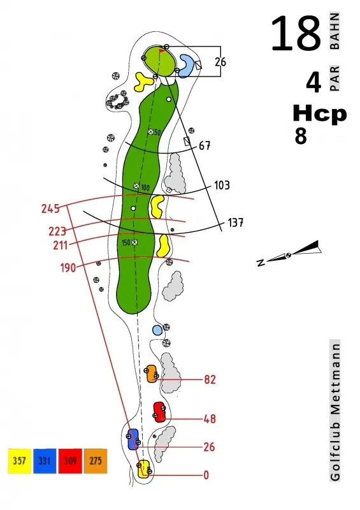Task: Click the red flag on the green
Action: pos(162,51)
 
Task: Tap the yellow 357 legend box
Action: pos(19,461)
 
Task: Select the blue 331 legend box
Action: pos(45,461)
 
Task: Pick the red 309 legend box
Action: pos(70,461)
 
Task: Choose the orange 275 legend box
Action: pos(96,461)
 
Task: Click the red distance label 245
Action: pos(50,208)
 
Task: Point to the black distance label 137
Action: pos(236,222)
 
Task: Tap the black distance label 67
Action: pos(205,146)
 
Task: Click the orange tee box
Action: pos(151,374)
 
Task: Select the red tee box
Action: pos(159,412)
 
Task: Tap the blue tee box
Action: pos(133,439)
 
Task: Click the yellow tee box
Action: pos(143,469)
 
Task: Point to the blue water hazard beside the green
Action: pos(186,66)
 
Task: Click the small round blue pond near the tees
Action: pos(157,330)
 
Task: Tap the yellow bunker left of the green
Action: pos(143,82)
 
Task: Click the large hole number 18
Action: pos(296,34)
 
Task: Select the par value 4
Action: pos(313,83)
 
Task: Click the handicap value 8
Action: pos(301,136)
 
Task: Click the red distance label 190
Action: pos(68,268)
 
